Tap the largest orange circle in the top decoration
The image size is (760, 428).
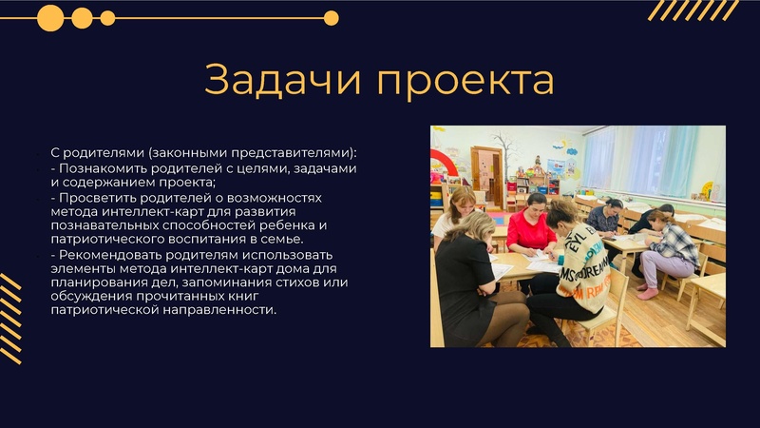tap(50, 17)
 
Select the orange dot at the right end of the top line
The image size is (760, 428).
tap(331, 17)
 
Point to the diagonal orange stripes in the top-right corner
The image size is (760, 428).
tap(693, 10)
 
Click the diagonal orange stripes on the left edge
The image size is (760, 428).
tap(10, 318)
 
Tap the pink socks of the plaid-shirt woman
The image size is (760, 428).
tap(648, 292)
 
